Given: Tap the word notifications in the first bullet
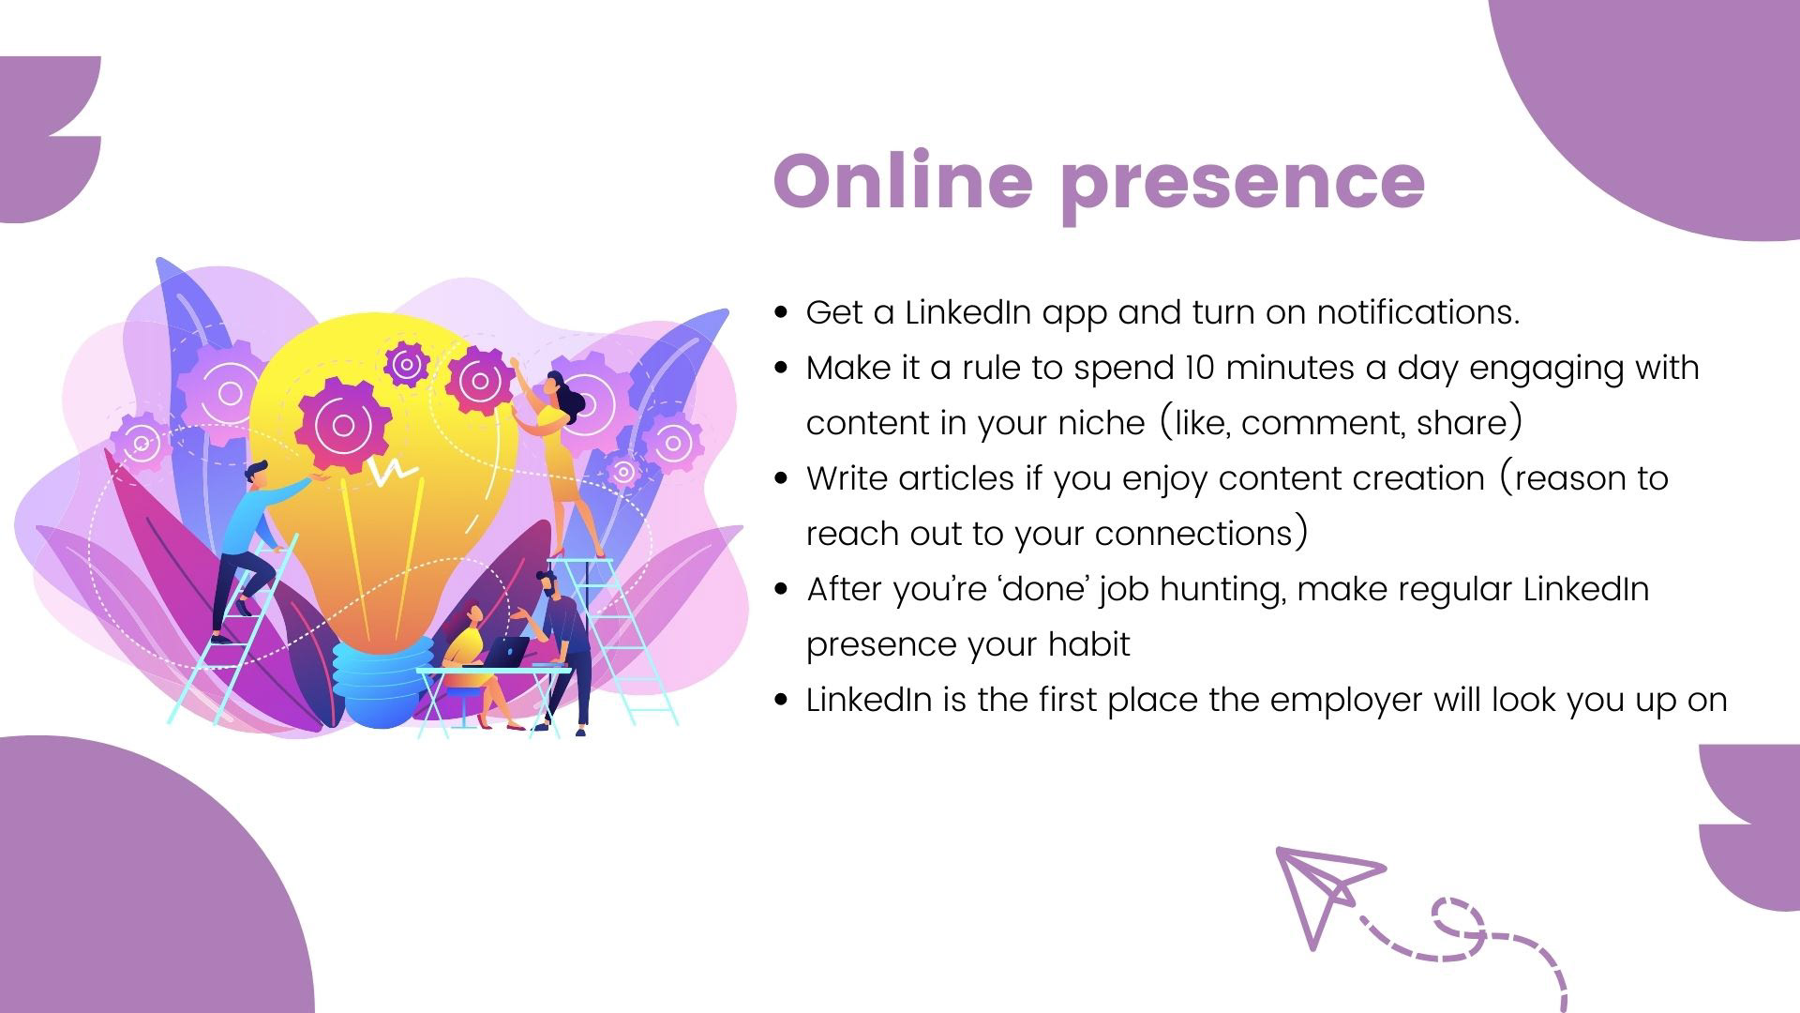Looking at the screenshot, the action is pyautogui.click(x=1418, y=312).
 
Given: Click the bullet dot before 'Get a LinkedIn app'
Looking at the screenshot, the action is pyautogui.click(x=781, y=312).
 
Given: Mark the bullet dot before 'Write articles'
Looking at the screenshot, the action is pyautogui.click(x=781, y=478).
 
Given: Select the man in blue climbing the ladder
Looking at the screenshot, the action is pyautogui.click(x=253, y=549).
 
